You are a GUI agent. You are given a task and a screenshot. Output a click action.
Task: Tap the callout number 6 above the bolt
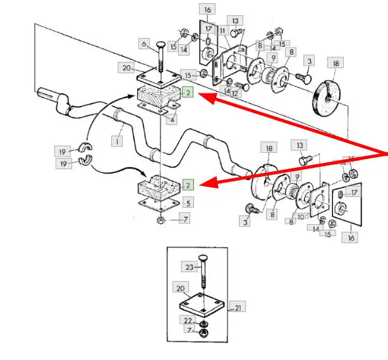(145, 44)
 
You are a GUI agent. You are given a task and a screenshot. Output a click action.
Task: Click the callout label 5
(189, 203)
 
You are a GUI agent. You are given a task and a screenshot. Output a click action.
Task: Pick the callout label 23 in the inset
(188, 267)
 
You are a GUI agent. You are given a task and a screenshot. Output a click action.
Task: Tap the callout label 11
(223, 30)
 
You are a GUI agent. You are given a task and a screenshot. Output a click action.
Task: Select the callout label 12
(234, 93)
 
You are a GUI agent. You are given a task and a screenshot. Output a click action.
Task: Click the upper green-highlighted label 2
(188, 93)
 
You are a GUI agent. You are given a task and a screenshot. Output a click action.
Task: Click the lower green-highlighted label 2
(188, 185)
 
